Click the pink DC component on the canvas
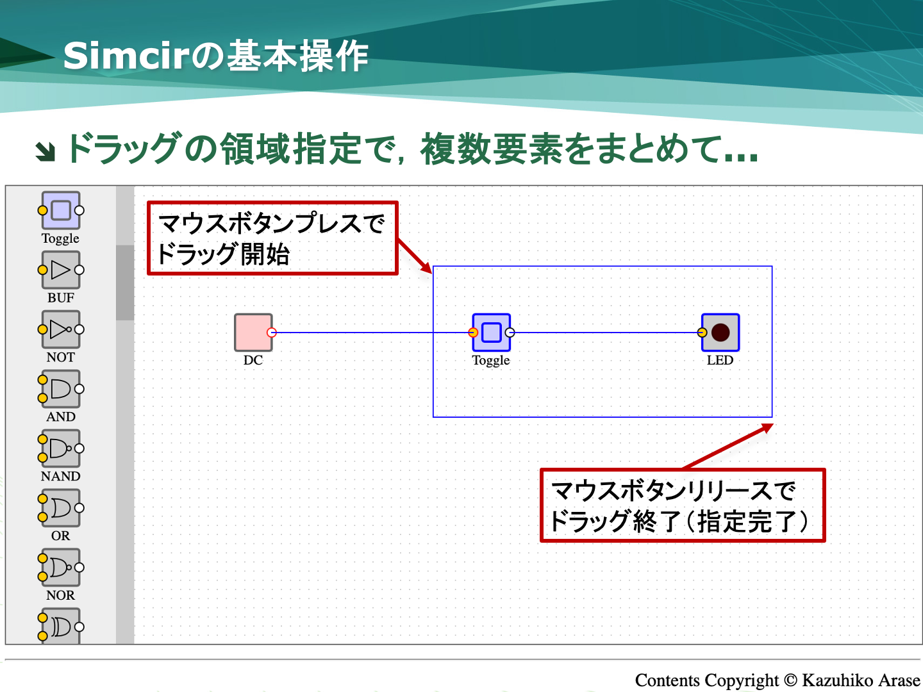click(x=253, y=333)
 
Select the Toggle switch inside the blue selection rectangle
click(x=491, y=333)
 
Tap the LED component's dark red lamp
click(x=720, y=333)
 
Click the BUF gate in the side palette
click(x=60, y=270)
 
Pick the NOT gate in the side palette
click(x=60, y=329)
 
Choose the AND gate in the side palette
click(x=60, y=389)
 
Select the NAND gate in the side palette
click(x=60, y=449)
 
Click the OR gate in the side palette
click(x=60, y=508)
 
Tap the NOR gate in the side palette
click(x=60, y=568)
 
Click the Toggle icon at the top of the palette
click(x=60, y=210)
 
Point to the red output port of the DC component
click(x=272, y=333)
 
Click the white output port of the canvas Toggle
click(x=510, y=333)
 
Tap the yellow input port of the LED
click(x=702, y=333)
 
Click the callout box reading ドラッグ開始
click(x=272, y=238)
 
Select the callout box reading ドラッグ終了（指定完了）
click(x=683, y=505)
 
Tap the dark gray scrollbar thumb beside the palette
click(x=125, y=283)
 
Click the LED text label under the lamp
click(x=720, y=360)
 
